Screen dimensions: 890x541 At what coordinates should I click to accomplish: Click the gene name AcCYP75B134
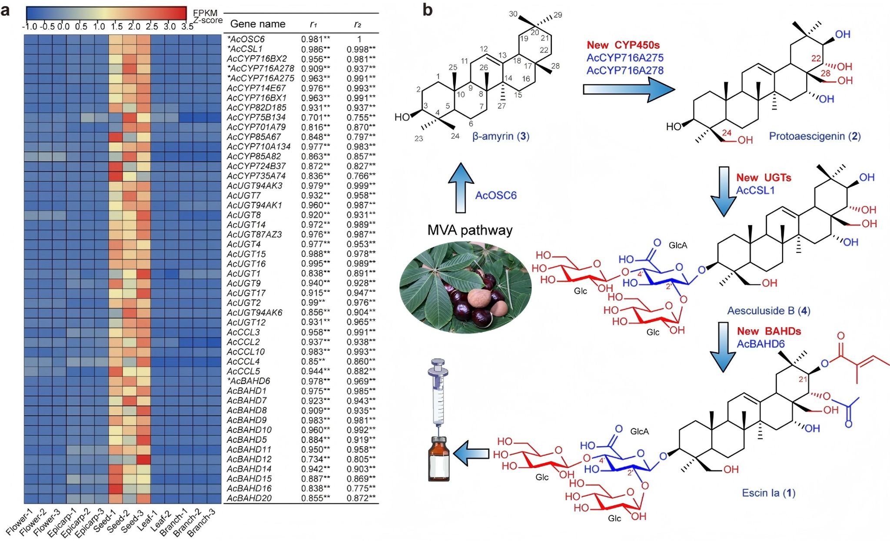[256, 117]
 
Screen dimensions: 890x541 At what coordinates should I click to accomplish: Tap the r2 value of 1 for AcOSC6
[359, 39]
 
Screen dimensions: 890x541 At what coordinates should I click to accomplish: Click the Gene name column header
[258, 24]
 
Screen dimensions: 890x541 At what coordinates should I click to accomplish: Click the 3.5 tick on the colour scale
[187, 27]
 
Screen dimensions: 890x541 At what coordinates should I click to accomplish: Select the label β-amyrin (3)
[501, 136]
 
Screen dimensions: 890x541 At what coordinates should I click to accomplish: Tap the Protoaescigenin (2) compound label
[815, 136]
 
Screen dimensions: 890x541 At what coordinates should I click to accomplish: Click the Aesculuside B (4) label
[769, 311]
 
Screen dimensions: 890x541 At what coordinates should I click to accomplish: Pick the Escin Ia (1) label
[768, 493]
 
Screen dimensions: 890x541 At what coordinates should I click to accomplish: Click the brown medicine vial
[438, 459]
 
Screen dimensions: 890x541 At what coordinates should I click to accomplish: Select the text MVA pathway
[470, 230]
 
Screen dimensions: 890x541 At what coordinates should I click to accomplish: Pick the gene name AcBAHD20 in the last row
[249, 498]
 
